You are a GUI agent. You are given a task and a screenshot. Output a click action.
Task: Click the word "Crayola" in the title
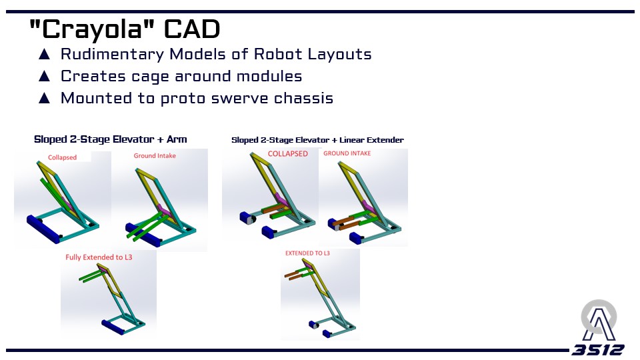coord(92,29)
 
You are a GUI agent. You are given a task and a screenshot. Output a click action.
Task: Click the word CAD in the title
coord(192,29)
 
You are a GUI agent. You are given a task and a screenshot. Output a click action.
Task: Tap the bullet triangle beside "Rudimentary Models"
coord(44,54)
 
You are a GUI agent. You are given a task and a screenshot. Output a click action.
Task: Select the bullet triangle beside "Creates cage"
coord(44,76)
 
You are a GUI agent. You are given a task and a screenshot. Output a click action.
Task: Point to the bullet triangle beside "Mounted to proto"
coord(44,99)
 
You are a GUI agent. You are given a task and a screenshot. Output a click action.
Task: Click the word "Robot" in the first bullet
coord(278,54)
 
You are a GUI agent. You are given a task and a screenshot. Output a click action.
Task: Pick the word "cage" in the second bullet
coord(150,77)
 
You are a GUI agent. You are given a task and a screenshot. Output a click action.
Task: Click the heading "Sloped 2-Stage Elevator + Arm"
coord(111,139)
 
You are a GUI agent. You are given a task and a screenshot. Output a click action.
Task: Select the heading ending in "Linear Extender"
coord(317,140)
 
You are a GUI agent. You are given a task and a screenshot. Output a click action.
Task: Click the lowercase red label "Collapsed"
coord(62,157)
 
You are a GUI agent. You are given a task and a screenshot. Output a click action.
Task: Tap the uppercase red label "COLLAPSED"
coord(288,154)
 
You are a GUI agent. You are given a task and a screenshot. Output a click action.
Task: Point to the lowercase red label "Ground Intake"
coord(155,155)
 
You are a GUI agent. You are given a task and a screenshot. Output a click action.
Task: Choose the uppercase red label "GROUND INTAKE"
coord(347,153)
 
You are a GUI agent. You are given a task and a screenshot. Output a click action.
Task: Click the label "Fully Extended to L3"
coord(99,257)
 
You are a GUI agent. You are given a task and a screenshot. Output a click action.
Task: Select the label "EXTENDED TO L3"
coord(307,253)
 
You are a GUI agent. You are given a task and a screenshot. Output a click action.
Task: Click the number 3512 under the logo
coord(598,350)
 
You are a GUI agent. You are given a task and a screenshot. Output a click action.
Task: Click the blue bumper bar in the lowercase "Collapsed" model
coord(43,229)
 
